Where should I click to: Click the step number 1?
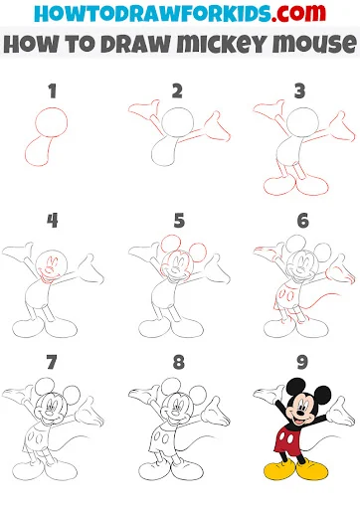pos(52,91)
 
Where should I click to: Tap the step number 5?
pos(179,221)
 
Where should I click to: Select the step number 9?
pos(302,362)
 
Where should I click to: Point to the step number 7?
pos(52,362)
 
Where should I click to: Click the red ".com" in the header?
pos(298,13)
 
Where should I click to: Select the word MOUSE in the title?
pos(314,44)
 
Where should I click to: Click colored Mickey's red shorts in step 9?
pos(286,439)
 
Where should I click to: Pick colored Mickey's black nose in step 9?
pos(300,414)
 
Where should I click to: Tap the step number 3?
pos(299,91)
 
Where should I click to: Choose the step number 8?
pos(179,362)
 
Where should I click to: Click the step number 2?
pos(177,91)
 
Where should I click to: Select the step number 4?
pos(53,221)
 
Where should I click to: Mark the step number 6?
pos(303,221)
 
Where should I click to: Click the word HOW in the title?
pos(31,44)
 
